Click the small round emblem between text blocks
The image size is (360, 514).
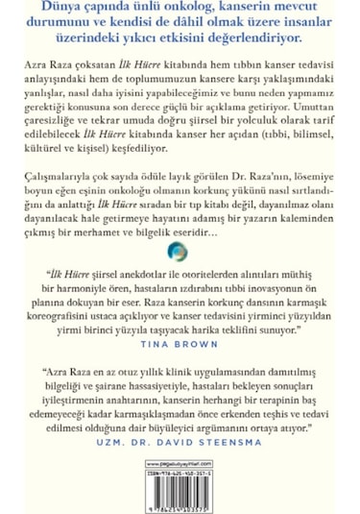tap(179, 252)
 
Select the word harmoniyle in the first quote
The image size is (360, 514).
tap(99, 289)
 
